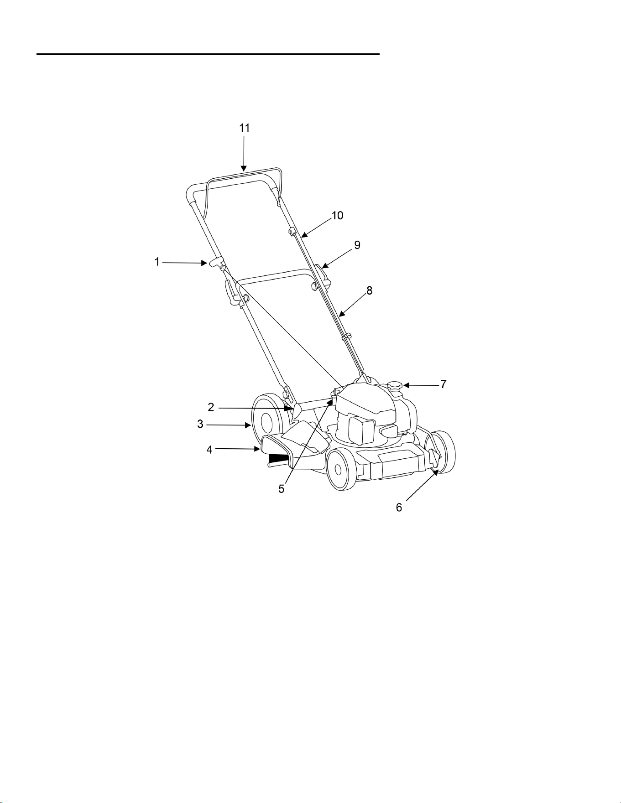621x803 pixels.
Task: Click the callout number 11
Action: point(245,128)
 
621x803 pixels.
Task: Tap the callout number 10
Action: point(337,215)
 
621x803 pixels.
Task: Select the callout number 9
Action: point(357,245)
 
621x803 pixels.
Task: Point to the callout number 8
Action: point(370,290)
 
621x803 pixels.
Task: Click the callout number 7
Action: point(443,384)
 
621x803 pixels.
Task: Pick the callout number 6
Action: point(399,508)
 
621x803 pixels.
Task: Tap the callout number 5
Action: point(282,489)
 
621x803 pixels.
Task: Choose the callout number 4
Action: point(209,450)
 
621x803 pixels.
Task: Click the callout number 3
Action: point(200,424)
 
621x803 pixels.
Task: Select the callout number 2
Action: point(211,407)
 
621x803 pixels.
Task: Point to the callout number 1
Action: point(157,262)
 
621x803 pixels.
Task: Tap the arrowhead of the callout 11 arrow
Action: point(244,169)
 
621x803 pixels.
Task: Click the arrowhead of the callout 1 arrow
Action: point(204,263)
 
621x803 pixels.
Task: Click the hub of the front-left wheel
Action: point(339,469)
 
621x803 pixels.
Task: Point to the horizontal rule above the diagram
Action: point(208,54)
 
